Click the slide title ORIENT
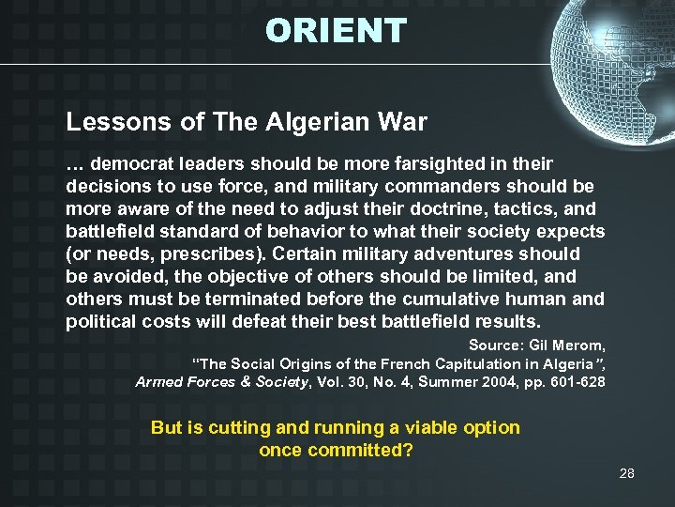click(336, 31)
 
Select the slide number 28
click(626, 473)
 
